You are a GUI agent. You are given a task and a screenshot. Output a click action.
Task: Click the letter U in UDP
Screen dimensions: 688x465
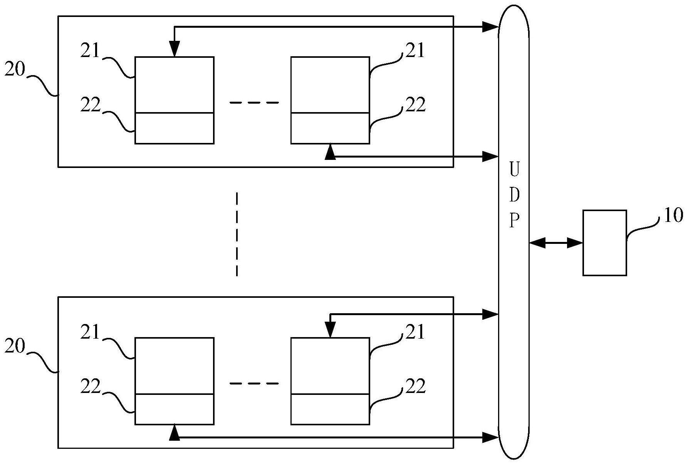click(514, 170)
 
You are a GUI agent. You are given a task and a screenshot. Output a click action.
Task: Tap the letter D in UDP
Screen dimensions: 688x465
click(514, 195)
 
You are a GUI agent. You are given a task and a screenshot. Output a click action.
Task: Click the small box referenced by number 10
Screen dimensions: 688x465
click(604, 243)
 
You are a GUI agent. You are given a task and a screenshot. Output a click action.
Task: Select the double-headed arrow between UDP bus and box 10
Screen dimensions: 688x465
click(556, 243)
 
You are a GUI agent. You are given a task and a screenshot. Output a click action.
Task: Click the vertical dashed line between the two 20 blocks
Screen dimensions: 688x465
click(237, 234)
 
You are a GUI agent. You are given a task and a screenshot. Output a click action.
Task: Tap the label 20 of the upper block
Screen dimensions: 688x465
click(15, 70)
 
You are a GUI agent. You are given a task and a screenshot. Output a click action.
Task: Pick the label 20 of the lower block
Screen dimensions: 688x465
click(15, 347)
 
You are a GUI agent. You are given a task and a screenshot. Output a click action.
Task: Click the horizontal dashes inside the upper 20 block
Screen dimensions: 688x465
click(253, 103)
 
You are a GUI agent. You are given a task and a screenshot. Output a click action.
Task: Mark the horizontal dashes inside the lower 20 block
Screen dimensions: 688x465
click(253, 384)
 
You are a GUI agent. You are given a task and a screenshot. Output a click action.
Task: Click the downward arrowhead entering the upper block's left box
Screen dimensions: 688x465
click(175, 49)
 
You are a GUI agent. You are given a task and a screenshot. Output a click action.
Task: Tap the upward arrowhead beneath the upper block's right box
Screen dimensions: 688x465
click(330, 152)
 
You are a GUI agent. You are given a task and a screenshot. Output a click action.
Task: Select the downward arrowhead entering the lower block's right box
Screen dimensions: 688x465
click(330, 330)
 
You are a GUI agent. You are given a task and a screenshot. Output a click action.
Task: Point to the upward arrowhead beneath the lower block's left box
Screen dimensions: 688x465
click(175, 433)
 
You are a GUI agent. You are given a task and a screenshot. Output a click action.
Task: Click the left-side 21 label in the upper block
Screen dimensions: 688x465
click(90, 51)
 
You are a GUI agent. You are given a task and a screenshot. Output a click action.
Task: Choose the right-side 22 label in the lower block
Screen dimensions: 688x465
click(415, 386)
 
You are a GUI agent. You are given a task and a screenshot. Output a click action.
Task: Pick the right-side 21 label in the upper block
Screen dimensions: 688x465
click(415, 51)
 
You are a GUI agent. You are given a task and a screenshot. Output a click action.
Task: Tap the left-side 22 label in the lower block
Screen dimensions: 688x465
click(91, 386)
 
